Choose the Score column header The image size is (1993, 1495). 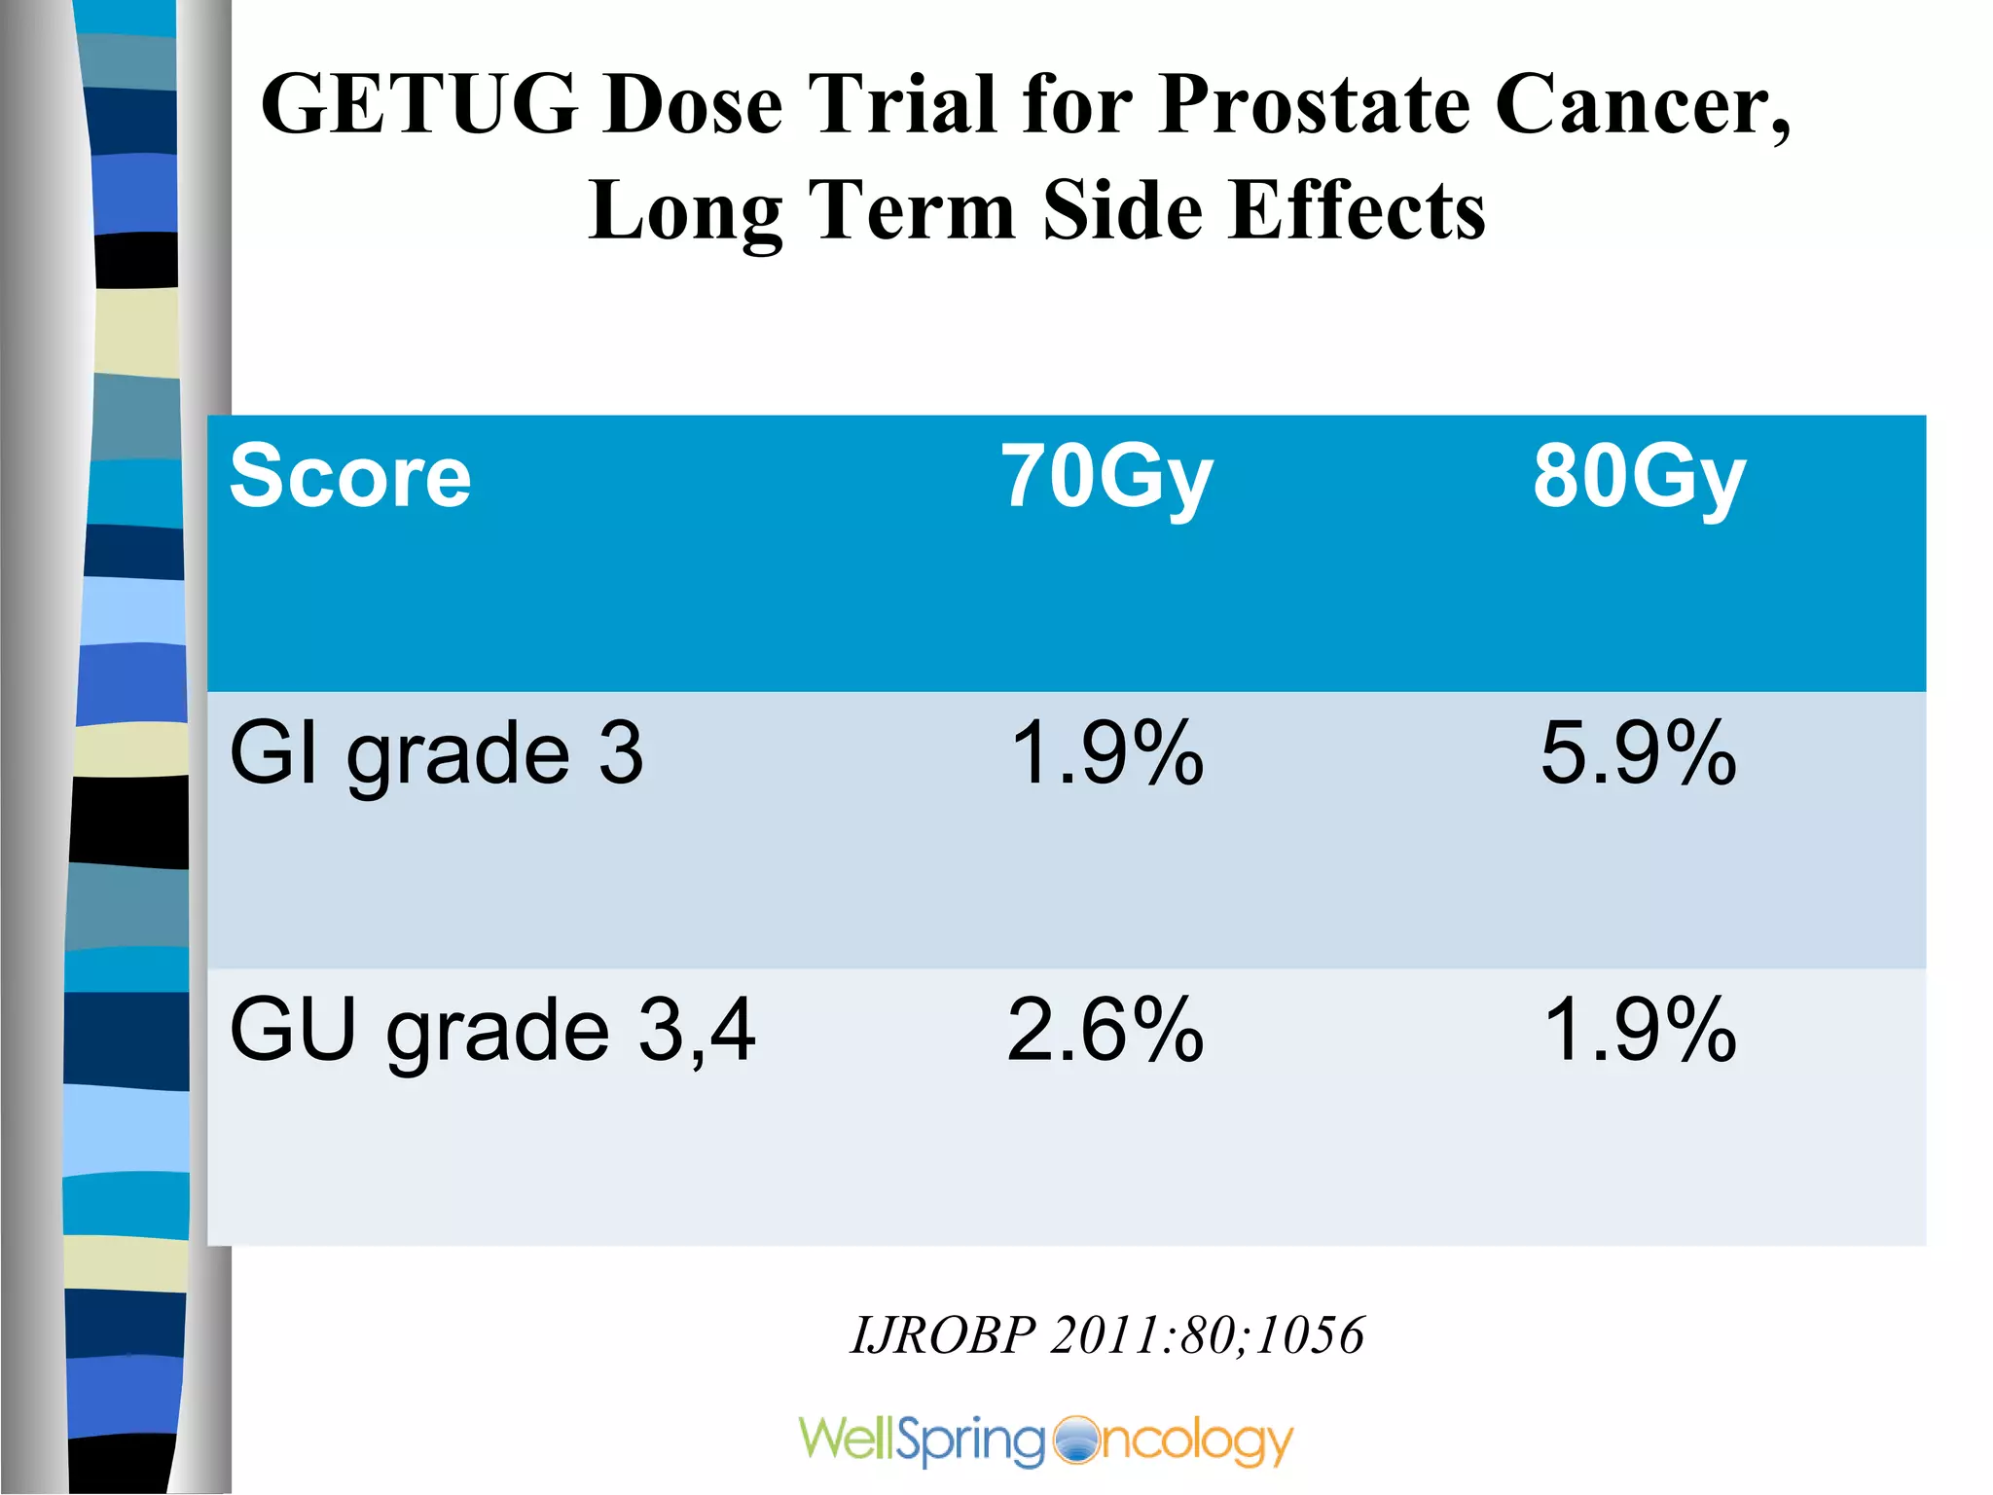(350, 476)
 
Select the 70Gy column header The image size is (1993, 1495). (1107, 476)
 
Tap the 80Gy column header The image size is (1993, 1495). (1639, 476)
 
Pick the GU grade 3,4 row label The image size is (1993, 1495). (492, 1030)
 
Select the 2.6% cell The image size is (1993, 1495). (1105, 1030)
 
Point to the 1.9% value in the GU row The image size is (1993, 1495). (1639, 1030)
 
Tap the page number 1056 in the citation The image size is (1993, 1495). (1310, 1334)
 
